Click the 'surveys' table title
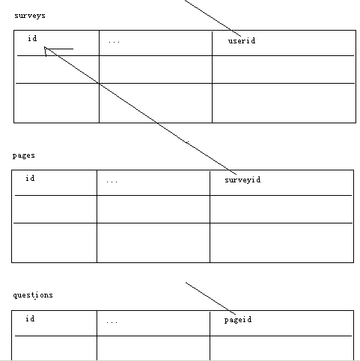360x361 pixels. click(x=30, y=16)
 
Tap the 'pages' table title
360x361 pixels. click(x=24, y=155)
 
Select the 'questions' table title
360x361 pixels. click(x=33, y=295)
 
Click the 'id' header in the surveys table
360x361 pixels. click(x=32, y=38)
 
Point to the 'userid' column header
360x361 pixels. click(x=242, y=40)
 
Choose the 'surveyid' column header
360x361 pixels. click(x=242, y=180)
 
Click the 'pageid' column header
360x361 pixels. click(x=238, y=320)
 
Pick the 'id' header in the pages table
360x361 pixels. click(x=30, y=178)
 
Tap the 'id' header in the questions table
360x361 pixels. click(x=30, y=318)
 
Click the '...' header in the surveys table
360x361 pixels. click(x=115, y=42)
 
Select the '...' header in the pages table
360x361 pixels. click(x=112, y=182)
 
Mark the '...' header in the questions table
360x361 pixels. click(x=112, y=322)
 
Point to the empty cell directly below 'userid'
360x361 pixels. click(x=284, y=70)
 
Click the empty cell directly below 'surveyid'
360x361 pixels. click(x=281, y=209)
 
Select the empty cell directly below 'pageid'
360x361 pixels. click(x=281, y=348)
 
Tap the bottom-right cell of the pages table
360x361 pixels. click(x=281, y=243)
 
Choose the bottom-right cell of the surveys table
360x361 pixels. click(x=284, y=103)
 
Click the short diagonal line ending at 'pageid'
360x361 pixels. click(x=210, y=298)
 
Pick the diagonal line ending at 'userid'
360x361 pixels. click(x=213, y=18)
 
